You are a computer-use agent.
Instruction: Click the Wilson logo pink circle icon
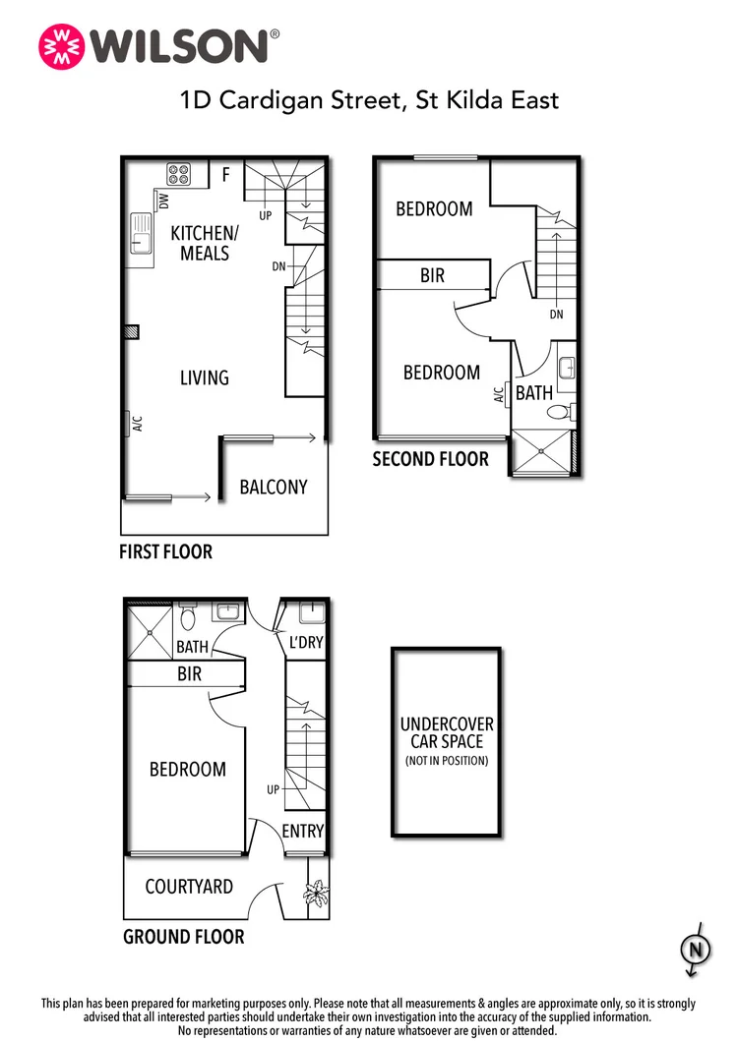(x=59, y=45)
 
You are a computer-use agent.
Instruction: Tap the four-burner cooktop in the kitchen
(x=179, y=174)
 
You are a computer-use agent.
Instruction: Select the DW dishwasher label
(x=164, y=201)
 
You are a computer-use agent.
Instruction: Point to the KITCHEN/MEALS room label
(x=204, y=243)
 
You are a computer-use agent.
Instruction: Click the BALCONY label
(x=274, y=487)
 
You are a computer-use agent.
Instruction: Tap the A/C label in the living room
(x=138, y=424)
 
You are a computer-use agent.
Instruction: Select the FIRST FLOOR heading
(x=165, y=552)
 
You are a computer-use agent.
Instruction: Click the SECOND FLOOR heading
(x=430, y=459)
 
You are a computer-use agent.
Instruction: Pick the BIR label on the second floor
(x=432, y=276)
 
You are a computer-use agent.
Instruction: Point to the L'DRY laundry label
(x=303, y=643)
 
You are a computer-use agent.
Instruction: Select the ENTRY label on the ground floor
(x=302, y=831)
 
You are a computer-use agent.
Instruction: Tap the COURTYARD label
(x=189, y=887)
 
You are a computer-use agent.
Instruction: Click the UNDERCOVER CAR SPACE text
(x=447, y=733)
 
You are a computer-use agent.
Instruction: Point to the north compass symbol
(x=696, y=950)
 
